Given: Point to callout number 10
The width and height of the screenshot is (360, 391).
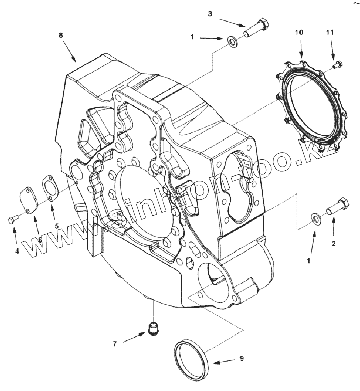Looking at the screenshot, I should tap(299, 32).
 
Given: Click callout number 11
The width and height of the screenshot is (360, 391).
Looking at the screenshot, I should tap(329, 32).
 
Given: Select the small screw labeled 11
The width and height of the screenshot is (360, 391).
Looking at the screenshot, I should tap(338, 64).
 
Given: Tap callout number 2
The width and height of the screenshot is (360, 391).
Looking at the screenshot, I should tap(334, 243).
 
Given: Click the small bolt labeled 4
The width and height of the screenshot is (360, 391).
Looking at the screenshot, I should tap(12, 219).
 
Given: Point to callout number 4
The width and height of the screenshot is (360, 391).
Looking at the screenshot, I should tap(17, 250).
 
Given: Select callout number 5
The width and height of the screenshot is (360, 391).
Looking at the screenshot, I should tap(57, 225).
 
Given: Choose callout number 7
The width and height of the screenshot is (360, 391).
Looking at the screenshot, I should tap(115, 344).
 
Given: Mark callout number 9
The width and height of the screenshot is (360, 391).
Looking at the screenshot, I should tap(242, 358).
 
